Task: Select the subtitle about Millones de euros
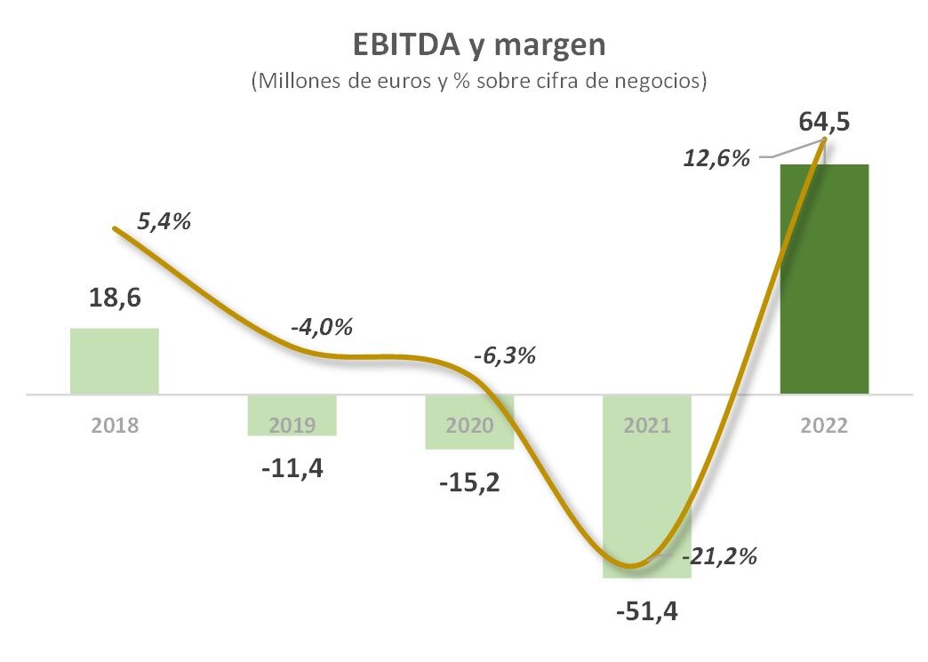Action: point(479,82)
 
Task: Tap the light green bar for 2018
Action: point(115,361)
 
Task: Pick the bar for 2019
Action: point(292,415)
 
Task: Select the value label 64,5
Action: point(824,121)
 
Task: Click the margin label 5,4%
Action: point(164,222)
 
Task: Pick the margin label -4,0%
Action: point(321,326)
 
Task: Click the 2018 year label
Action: point(115,425)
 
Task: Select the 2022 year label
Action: point(824,425)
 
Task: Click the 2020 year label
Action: point(470,425)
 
